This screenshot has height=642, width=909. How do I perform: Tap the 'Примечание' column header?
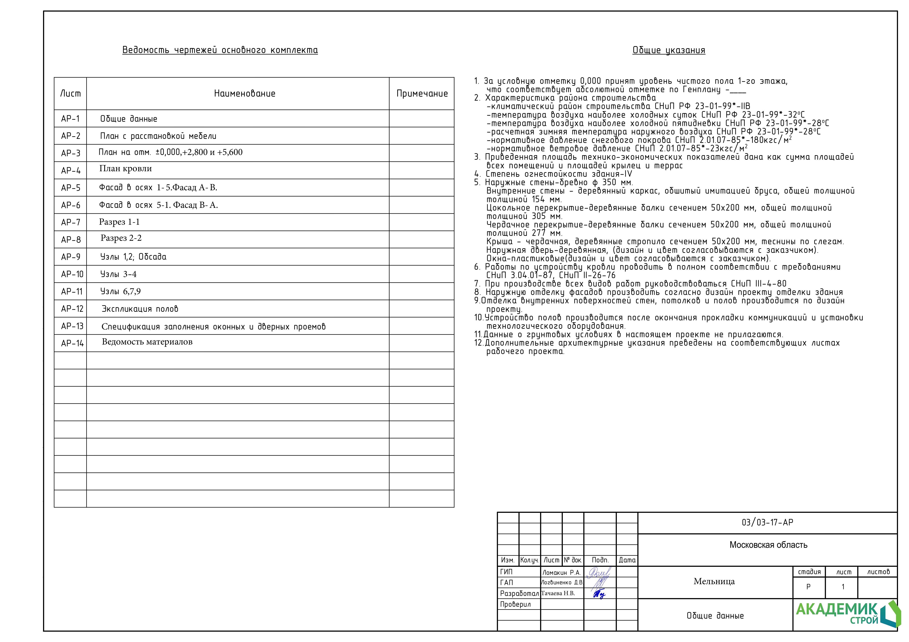pyautogui.click(x=422, y=94)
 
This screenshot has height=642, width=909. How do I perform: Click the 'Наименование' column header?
pyautogui.click(x=245, y=94)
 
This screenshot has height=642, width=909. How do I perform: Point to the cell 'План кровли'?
pyautogui.click(x=125, y=169)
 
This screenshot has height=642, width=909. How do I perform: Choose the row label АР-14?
pyautogui.click(x=72, y=343)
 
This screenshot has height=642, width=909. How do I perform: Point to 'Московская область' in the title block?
pyautogui.click(x=768, y=545)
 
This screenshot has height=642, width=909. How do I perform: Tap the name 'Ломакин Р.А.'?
pyautogui.click(x=561, y=572)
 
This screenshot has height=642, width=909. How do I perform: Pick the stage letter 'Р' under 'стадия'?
pyautogui.click(x=808, y=587)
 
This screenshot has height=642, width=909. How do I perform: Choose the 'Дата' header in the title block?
pyautogui.click(x=627, y=560)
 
